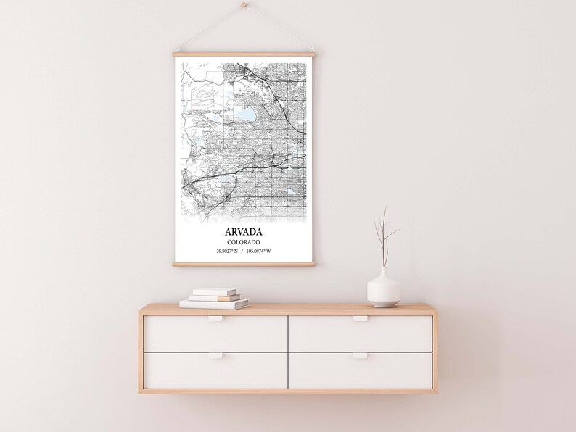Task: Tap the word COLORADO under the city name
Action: pos(243,242)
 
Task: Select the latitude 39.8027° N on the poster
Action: pos(228,252)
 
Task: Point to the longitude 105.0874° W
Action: pos(258,252)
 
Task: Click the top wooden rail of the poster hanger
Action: pos(243,54)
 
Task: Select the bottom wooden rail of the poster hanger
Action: pos(243,264)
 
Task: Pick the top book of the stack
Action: pos(214,291)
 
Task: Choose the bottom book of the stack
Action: pos(213,304)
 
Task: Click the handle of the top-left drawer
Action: pos(215,318)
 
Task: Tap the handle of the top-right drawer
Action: pos(360,318)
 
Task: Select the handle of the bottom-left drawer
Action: pos(215,355)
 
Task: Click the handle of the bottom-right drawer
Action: pos(360,355)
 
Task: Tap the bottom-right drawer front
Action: pos(360,371)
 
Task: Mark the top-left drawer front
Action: pos(215,333)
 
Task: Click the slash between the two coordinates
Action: pos(243,252)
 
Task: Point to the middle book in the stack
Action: pos(214,297)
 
